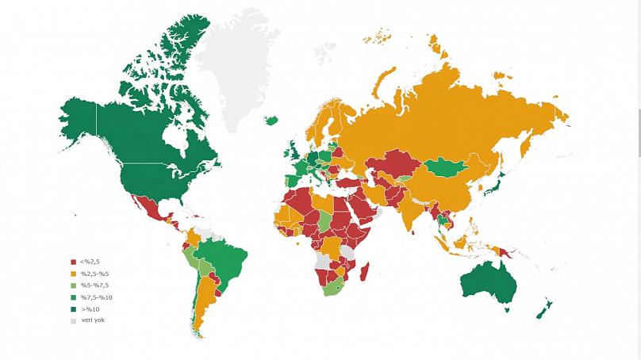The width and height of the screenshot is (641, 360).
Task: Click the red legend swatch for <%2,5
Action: pyautogui.click(x=74, y=262)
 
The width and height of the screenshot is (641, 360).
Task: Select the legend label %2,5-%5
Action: pyautogui.click(x=94, y=274)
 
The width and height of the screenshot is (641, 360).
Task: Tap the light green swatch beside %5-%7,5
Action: pyautogui.click(x=74, y=285)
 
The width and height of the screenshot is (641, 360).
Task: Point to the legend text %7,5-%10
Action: pyautogui.click(x=96, y=297)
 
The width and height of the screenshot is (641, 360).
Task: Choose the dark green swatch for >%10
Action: pyautogui.click(x=74, y=309)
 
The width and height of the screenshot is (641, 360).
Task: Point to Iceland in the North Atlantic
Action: pyautogui.click(x=271, y=121)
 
